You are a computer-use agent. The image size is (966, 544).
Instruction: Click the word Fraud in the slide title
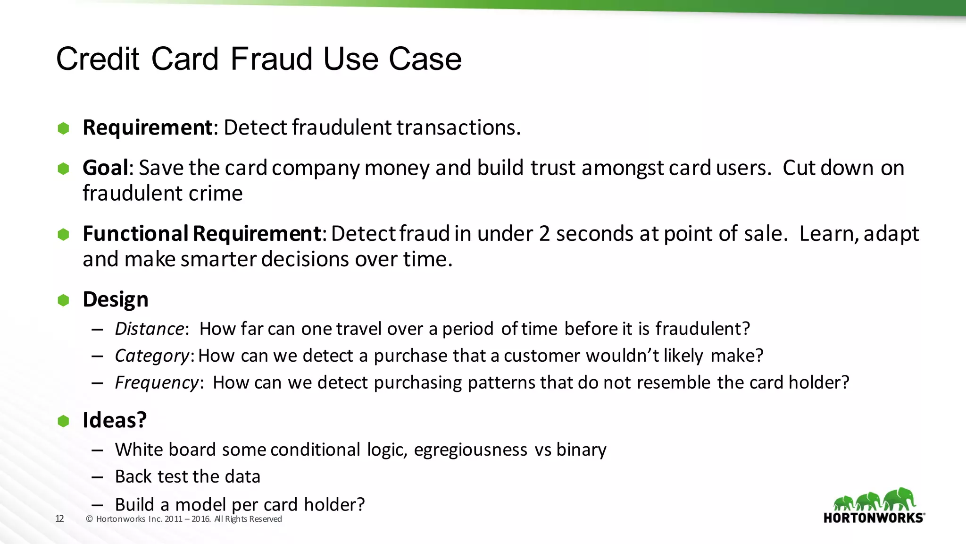click(271, 59)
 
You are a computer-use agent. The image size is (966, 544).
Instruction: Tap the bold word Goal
click(105, 168)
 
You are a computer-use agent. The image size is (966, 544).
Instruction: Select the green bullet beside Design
click(63, 300)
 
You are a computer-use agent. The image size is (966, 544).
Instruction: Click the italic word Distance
click(150, 329)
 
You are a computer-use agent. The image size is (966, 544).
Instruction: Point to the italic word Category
click(152, 356)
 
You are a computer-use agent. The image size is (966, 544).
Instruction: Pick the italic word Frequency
click(157, 382)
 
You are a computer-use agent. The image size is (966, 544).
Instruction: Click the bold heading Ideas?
click(115, 420)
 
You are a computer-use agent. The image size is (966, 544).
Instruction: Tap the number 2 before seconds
click(544, 234)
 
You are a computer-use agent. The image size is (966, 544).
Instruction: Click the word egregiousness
click(470, 450)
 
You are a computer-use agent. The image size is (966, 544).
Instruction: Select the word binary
click(581, 450)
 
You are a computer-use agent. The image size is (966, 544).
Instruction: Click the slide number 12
click(59, 518)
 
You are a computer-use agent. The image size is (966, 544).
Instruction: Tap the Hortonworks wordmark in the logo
click(874, 518)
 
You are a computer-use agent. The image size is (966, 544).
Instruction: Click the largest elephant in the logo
click(899, 499)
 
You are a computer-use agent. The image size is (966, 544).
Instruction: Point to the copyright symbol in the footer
click(89, 519)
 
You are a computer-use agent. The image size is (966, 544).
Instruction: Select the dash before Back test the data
click(98, 477)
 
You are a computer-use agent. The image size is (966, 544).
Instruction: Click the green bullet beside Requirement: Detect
click(63, 128)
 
